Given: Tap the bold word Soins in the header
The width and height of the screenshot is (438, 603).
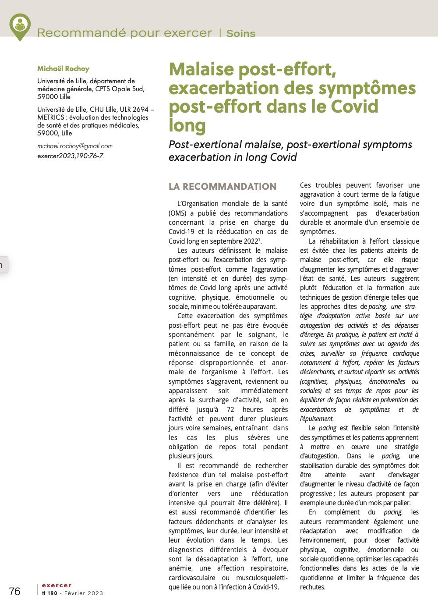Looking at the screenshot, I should coord(240,33).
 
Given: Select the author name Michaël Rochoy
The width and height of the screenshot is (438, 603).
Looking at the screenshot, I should coord(63,69).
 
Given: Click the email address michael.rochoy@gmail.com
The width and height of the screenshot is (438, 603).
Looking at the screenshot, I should coord(75,146).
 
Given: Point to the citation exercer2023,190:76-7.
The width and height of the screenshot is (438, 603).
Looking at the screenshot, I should coord(71,156).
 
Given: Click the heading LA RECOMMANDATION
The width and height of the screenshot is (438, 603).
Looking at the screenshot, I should coord(223,187).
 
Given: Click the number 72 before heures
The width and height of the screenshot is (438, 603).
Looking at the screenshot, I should coord(230,410).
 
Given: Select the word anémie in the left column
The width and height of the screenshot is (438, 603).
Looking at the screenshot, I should coord(180,568).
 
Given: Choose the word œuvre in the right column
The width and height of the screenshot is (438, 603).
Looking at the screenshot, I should coord(360,447).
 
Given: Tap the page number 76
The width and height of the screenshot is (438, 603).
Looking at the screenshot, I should coord(15,591).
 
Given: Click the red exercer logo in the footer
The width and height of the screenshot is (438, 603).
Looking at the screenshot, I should coord(57,585).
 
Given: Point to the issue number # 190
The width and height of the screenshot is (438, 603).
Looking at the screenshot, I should coord(49,593).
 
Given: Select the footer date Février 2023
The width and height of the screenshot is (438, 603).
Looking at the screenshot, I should coord(84,593).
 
